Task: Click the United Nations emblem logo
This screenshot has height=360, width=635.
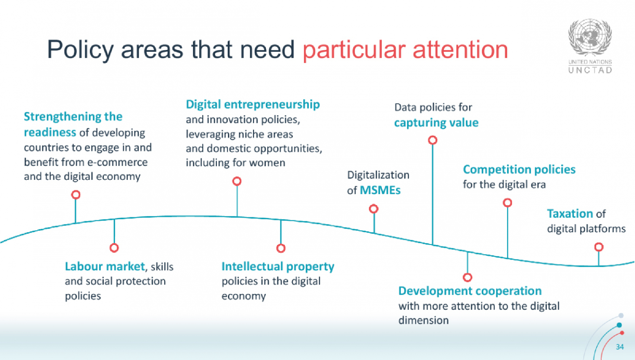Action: click(x=590, y=37)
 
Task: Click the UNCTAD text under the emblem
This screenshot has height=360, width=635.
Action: click(x=590, y=70)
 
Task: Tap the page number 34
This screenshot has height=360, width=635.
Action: click(x=620, y=347)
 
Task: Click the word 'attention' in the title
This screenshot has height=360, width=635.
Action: click(x=460, y=50)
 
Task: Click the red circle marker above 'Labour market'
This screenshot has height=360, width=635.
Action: click(x=114, y=248)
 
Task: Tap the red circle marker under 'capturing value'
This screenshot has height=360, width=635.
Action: click(x=432, y=140)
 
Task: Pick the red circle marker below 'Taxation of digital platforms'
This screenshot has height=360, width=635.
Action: click(x=598, y=247)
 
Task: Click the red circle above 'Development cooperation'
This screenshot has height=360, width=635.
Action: click(x=467, y=277)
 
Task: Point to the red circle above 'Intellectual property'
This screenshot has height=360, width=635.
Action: click(x=281, y=248)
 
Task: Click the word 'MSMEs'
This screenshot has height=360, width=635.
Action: click(x=380, y=190)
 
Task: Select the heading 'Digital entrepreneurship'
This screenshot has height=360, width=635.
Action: click(x=253, y=105)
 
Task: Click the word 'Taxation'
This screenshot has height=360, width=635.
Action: click(x=570, y=214)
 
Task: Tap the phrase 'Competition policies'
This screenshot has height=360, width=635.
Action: click(x=519, y=169)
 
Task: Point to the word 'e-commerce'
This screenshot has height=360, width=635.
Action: click(x=117, y=162)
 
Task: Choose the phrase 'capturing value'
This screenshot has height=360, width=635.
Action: click(x=436, y=123)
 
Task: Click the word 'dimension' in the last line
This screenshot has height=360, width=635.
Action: click(x=424, y=320)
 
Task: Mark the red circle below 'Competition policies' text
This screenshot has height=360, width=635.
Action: click(x=507, y=202)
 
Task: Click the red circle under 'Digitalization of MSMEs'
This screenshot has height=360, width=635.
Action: click(x=374, y=209)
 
